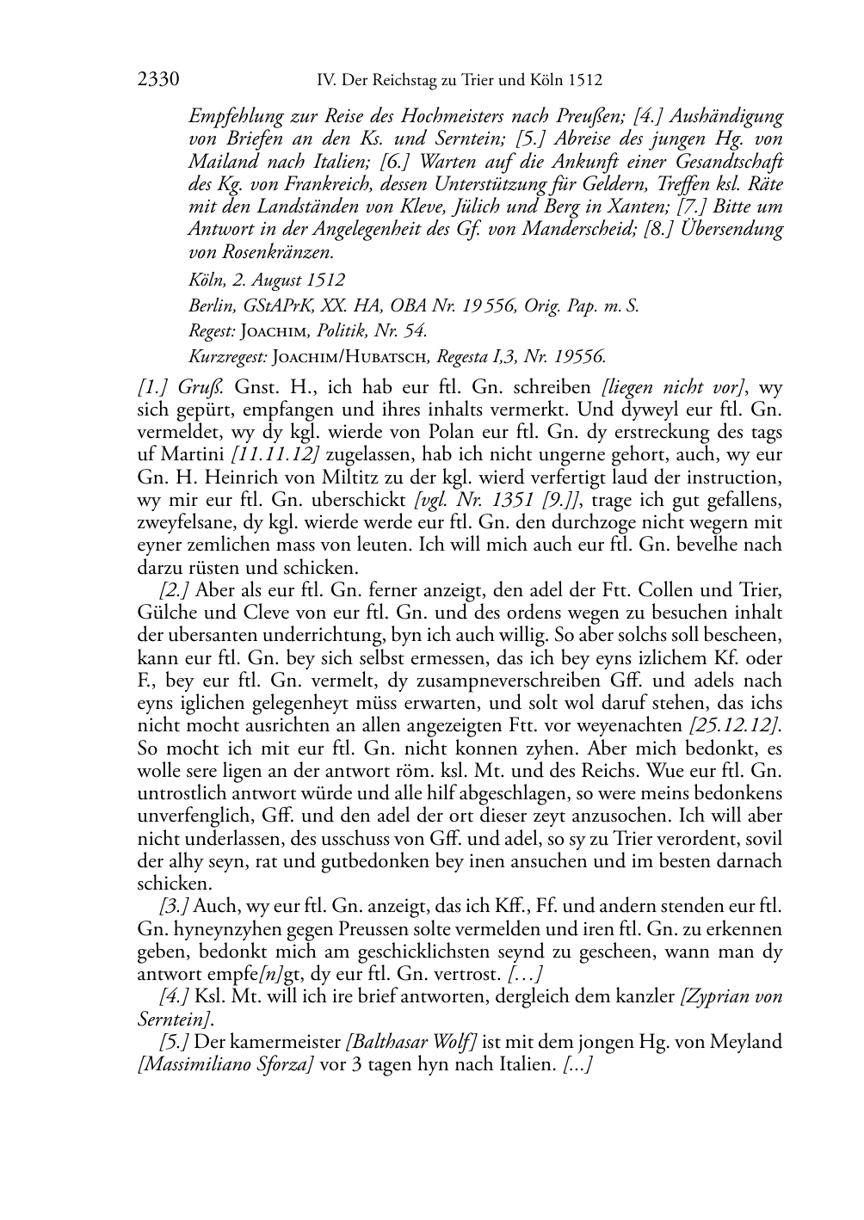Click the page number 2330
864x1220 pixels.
click(x=158, y=80)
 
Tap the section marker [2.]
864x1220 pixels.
click(x=175, y=590)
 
